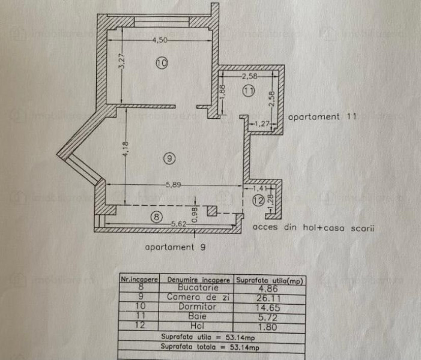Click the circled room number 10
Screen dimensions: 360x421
pos(160,62)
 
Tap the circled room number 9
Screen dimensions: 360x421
pos(169,158)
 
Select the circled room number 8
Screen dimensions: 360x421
pos(157,218)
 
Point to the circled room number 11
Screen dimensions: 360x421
pos(249,91)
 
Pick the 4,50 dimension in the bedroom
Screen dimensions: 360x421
pos(159,40)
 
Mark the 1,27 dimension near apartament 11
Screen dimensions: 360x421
pos(262,124)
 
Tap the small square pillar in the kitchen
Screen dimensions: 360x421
pos(212,211)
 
